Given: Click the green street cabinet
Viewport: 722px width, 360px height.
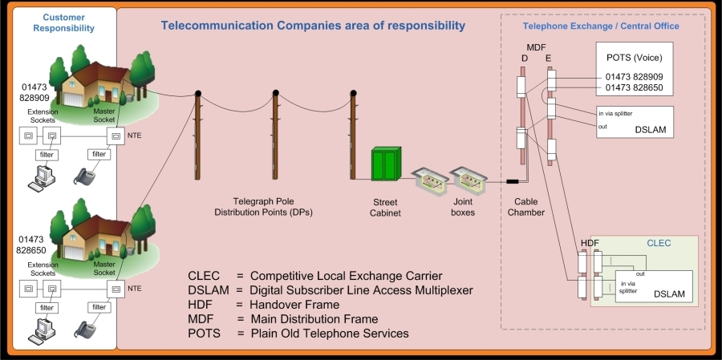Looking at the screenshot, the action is [x=387, y=164].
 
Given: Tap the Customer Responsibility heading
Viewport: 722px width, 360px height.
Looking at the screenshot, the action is [x=63, y=22].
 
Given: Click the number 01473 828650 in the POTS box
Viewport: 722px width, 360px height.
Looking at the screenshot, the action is [x=634, y=87].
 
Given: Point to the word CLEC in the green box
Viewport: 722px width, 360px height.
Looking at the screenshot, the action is [x=659, y=243].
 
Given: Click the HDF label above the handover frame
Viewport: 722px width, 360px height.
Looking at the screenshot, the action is [x=590, y=243].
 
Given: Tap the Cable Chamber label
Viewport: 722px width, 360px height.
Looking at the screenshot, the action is [x=525, y=207].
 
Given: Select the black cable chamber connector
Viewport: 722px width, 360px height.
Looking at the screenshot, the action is [x=513, y=181].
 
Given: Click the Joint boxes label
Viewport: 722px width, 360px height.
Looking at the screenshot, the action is [x=462, y=207].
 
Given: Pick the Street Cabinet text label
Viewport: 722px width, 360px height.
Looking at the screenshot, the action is [x=385, y=208].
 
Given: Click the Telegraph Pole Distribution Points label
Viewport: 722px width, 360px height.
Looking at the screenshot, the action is [x=263, y=207].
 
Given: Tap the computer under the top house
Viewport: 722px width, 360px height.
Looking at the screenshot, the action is [x=42, y=178].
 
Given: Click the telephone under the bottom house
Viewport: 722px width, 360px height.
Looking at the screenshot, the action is [x=85, y=329].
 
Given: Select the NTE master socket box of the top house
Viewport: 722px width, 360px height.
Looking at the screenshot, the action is [x=116, y=136].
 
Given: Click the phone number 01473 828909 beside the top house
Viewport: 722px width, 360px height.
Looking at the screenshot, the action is [x=34, y=92].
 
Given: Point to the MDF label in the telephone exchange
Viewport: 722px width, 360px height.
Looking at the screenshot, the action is [x=536, y=47].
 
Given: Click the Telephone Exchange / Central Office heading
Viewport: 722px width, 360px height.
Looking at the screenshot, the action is [x=601, y=26].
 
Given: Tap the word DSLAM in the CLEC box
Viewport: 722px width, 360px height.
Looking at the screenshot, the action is [x=669, y=293].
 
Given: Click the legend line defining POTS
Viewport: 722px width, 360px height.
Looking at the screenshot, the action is [x=298, y=333].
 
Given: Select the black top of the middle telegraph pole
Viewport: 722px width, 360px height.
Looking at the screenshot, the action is [x=275, y=93].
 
